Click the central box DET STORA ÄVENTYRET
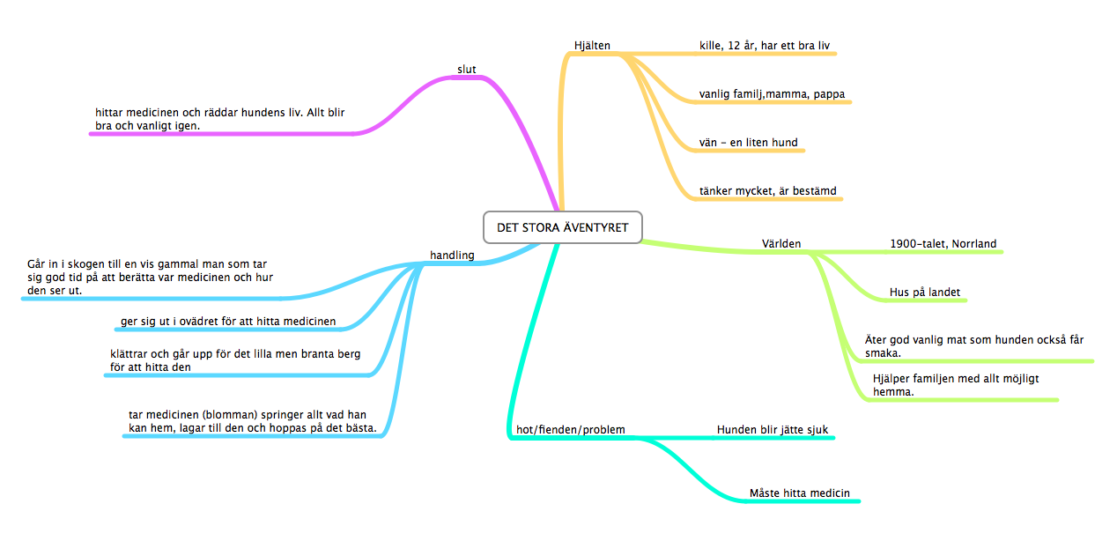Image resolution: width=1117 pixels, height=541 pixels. click(x=562, y=227)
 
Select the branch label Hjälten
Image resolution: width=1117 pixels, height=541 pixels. click(x=592, y=46)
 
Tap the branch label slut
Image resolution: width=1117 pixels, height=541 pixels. click(x=466, y=69)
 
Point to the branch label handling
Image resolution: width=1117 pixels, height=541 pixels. click(x=452, y=256)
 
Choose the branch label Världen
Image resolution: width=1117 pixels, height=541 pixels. click(x=781, y=243)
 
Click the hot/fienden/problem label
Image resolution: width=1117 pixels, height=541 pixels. click(x=570, y=430)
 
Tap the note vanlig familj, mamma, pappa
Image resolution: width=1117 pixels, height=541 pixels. click(x=772, y=94)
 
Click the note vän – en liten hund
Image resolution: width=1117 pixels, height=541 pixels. click(x=748, y=142)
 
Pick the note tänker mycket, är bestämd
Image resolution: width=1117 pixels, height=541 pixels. click(x=767, y=190)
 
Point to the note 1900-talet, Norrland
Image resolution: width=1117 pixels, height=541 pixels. click(x=943, y=243)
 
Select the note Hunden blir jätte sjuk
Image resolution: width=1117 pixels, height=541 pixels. click(x=772, y=430)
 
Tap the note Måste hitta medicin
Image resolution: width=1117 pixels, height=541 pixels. click(x=799, y=493)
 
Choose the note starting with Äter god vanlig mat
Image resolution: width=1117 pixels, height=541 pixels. click(x=973, y=346)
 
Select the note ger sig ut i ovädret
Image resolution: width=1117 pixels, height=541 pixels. click(x=228, y=321)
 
